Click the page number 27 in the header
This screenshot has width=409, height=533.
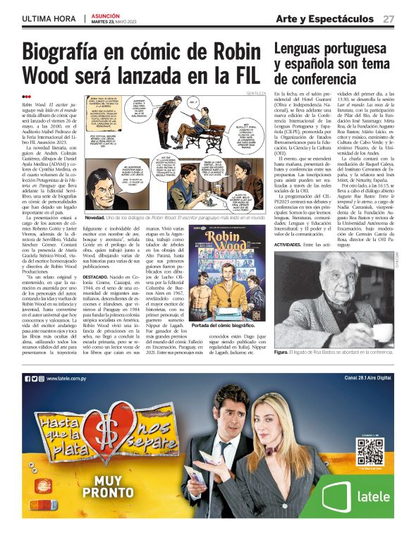[x=389, y=18]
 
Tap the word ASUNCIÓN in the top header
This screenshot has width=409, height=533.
[x=106, y=15]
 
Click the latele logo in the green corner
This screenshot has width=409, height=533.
[x=365, y=495]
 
